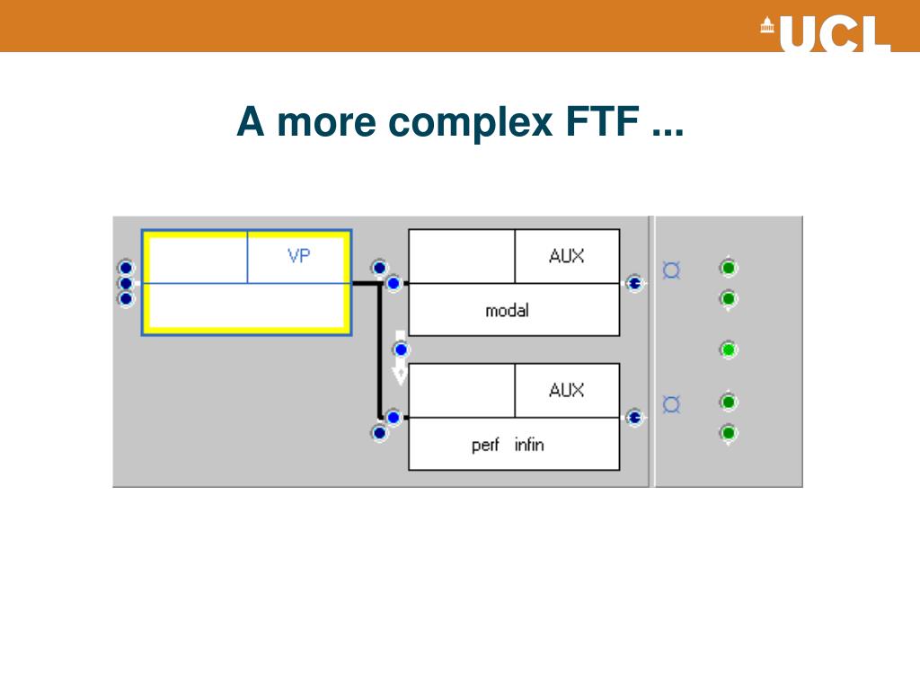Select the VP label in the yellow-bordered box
pos(299,256)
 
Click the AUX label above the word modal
pos(566,256)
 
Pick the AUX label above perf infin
pos(566,390)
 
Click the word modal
pos(507,311)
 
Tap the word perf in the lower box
pos(485,445)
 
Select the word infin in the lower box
pos(529,445)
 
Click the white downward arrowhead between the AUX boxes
pos(401,372)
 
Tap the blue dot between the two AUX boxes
pos(401,349)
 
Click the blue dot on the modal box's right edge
pos(634,284)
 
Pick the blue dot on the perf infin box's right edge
pos(634,418)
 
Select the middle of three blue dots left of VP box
pos(126,283)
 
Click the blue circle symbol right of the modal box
pos(671,270)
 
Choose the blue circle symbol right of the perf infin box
pos(671,404)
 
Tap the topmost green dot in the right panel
pos(729,268)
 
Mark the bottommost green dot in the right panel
pos(729,433)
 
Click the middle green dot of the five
pos(729,349)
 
